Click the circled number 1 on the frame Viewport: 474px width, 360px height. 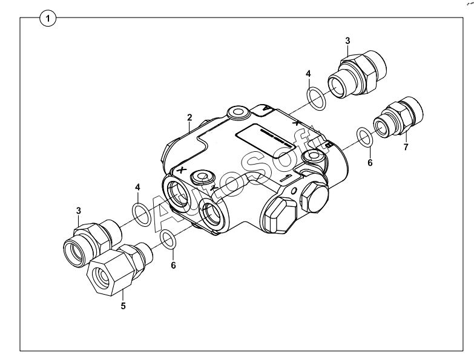point(48,19)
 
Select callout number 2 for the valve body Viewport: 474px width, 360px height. point(189,117)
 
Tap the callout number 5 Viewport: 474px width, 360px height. point(123,306)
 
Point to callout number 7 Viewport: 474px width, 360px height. point(406,147)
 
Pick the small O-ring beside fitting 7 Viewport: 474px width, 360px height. point(364,138)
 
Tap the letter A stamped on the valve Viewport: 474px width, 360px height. point(266,108)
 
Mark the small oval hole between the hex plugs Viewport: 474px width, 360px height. point(294,190)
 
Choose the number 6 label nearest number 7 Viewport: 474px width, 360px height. point(370,163)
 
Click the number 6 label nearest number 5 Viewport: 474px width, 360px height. point(173,266)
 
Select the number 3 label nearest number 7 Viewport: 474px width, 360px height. point(347,41)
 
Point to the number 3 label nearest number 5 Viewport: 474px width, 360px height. point(79,211)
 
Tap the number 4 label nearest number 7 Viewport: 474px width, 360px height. point(308,74)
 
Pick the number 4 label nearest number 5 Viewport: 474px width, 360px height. point(137,187)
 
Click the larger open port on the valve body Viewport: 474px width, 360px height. point(178,192)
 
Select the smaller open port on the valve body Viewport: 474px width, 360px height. point(212,215)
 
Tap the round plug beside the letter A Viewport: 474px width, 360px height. point(238,113)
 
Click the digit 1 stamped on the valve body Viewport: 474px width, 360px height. point(286,178)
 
